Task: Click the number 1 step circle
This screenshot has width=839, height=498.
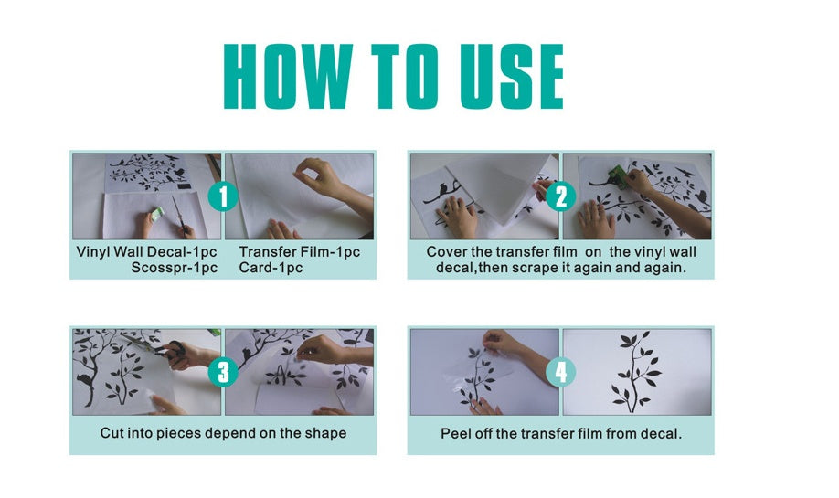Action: tap(223, 196)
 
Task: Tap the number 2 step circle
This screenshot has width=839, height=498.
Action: tap(561, 196)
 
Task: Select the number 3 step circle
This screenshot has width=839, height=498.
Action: tap(223, 372)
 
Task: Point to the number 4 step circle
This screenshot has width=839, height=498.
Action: tap(561, 372)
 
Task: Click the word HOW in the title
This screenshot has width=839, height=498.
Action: tap(288, 77)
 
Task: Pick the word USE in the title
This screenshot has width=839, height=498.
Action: tap(512, 77)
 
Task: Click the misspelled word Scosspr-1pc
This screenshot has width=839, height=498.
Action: tap(175, 268)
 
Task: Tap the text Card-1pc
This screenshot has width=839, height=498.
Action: tap(271, 268)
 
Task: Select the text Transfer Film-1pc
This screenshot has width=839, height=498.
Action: tap(300, 251)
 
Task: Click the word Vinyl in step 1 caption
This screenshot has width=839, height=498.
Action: tap(93, 252)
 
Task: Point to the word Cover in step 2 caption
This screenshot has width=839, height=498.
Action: tap(445, 251)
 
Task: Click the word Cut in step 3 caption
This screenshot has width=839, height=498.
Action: tap(112, 433)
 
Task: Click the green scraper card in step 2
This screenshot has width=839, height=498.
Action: tap(619, 177)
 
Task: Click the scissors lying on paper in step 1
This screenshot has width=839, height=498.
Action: tap(180, 216)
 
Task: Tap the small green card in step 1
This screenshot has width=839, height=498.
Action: tap(155, 215)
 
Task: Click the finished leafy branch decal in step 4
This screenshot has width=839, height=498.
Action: tap(636, 371)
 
